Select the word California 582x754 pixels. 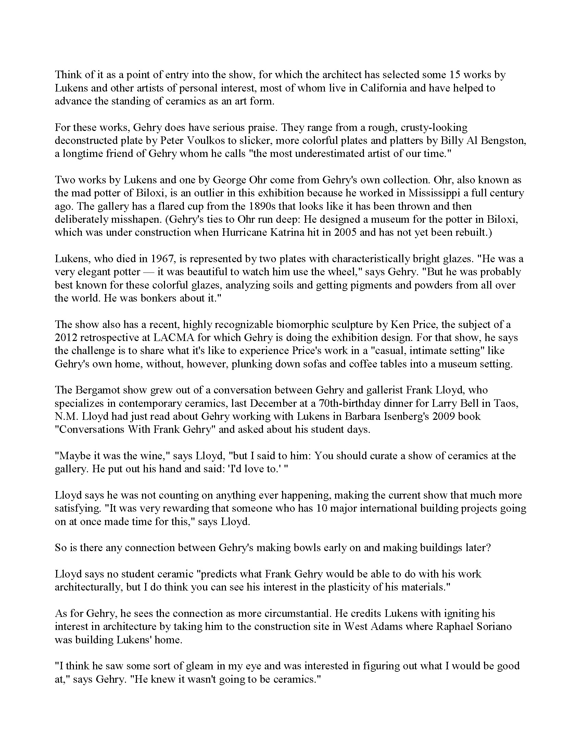383,88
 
